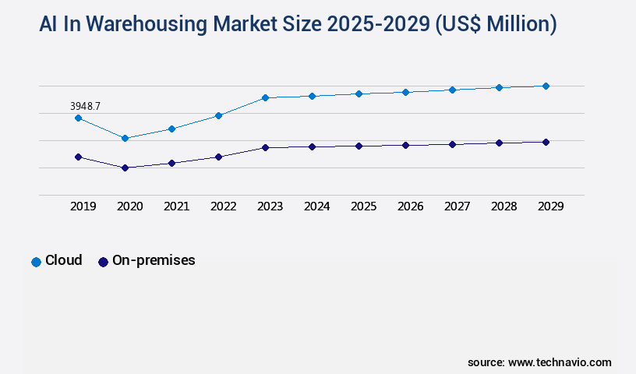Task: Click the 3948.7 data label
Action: [85, 106]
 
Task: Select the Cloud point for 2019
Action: [78, 118]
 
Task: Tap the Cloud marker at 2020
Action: [125, 138]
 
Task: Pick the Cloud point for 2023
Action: [265, 97]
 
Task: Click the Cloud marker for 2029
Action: [546, 86]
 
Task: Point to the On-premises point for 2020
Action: [125, 168]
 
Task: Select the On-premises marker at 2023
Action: [265, 147]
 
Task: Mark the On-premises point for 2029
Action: [546, 142]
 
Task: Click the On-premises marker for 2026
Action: [405, 145]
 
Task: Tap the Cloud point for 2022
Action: [218, 115]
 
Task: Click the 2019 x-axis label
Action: [83, 206]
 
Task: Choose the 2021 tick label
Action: [177, 206]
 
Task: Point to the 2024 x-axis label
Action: [317, 206]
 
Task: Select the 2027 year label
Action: [458, 206]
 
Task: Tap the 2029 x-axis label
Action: [551, 206]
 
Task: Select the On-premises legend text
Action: [154, 260]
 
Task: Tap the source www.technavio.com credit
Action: [539, 362]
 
